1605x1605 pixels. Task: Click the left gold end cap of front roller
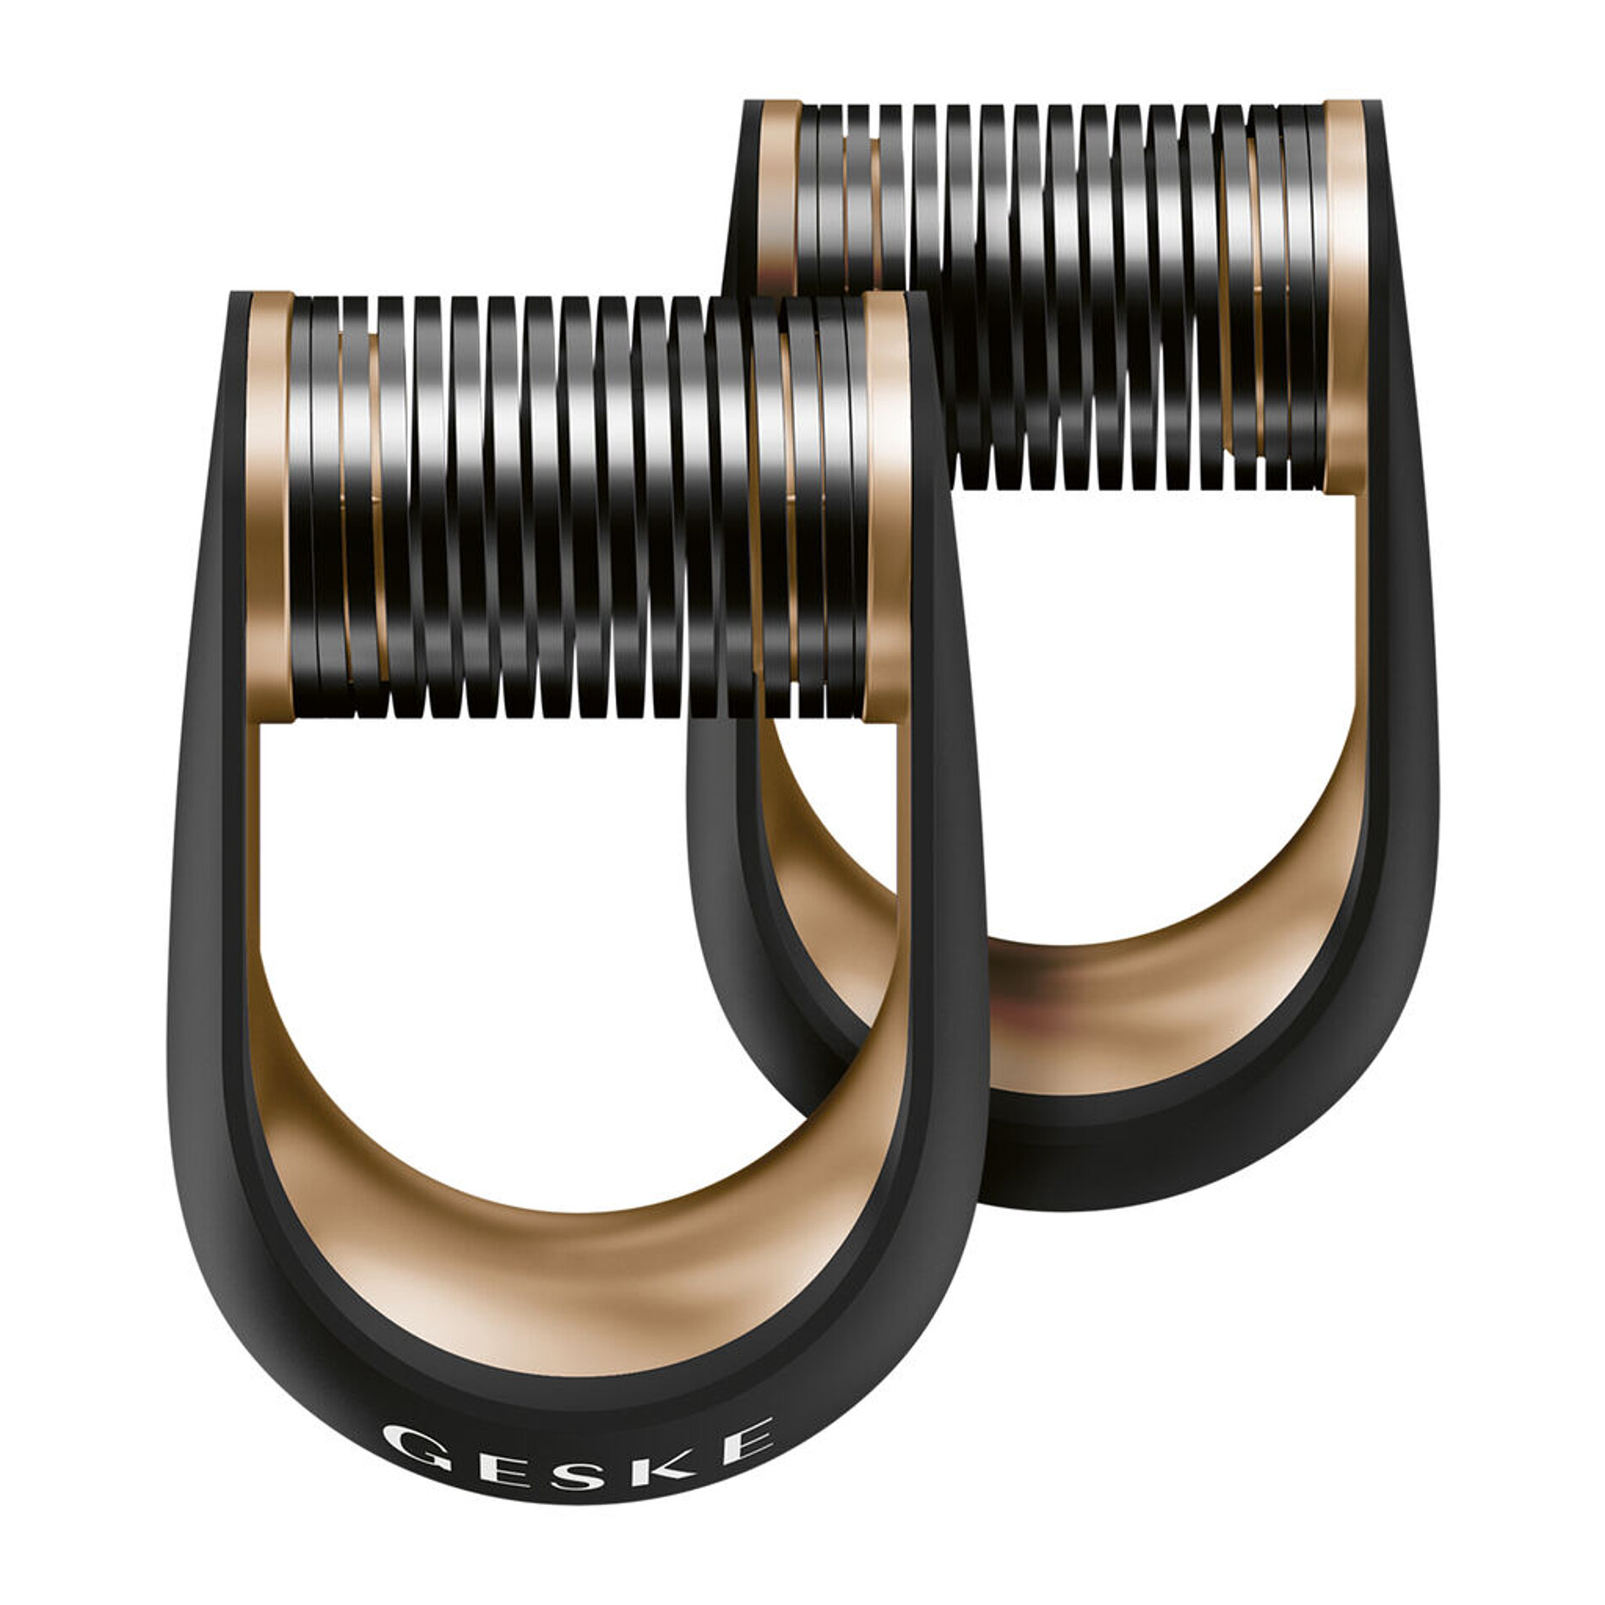(269, 507)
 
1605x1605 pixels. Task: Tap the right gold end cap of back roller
(1345, 296)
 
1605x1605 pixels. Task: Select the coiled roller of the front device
(574, 507)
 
